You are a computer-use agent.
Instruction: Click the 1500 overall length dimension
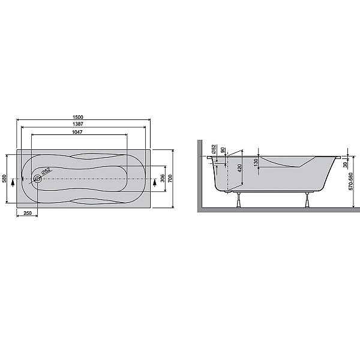[78, 117]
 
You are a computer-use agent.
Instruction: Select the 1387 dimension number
[78, 124]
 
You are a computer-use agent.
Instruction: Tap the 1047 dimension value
[77, 132]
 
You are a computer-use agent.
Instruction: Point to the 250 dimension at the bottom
[28, 213]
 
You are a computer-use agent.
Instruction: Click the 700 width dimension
[170, 178]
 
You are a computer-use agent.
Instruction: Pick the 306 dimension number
[163, 178]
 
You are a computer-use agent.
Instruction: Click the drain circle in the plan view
[37, 179]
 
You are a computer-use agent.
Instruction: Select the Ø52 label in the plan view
[46, 171]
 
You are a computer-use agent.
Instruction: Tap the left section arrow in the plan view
[13, 182]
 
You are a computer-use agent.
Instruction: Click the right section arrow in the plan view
[155, 182]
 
